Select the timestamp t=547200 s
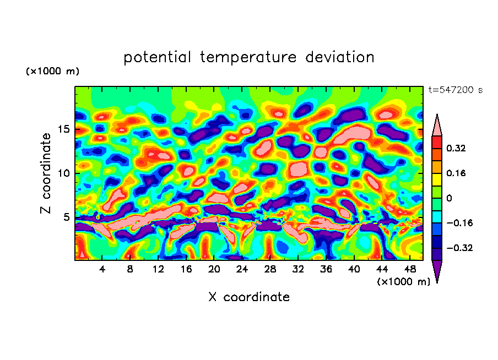[455, 90]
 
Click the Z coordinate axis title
[46, 173]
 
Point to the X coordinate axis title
[249, 297]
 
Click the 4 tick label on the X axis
[102, 269]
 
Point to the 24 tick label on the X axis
[242, 269]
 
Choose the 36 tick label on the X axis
[326, 269]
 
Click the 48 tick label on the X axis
[409, 269]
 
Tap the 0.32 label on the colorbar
[457, 148]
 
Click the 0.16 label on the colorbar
[457, 173]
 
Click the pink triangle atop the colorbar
[437, 126]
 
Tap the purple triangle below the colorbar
[437, 270]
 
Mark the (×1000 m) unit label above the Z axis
[52, 72]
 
